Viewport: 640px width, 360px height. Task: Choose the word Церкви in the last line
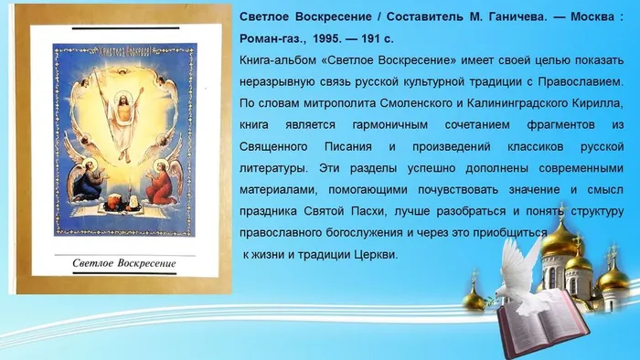coord(373,253)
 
